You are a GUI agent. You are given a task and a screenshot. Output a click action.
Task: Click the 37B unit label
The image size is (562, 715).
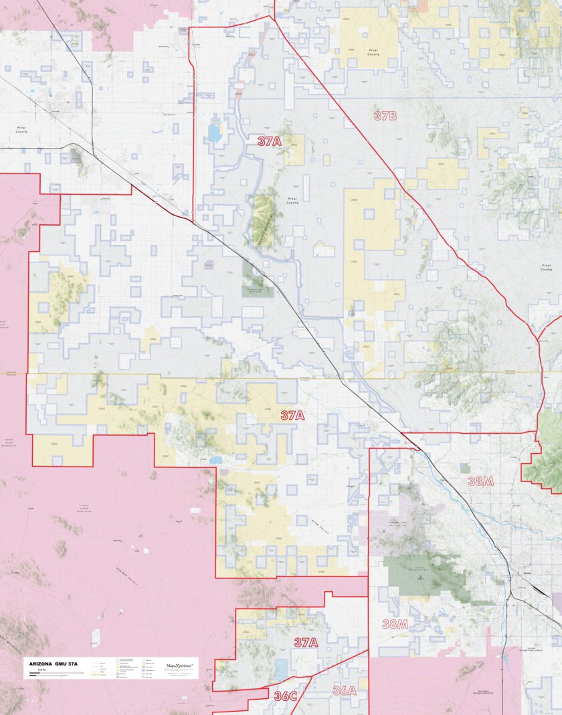click(385, 116)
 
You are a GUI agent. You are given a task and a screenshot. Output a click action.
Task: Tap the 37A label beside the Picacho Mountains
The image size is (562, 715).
click(270, 141)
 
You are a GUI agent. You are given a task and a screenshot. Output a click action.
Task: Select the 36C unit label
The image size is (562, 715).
click(285, 696)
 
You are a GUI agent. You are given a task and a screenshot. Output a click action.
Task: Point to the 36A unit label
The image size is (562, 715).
click(344, 691)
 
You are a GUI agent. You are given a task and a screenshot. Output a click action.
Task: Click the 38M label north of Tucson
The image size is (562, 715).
click(480, 481)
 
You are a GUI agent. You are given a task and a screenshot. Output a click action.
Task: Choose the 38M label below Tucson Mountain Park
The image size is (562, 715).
click(395, 624)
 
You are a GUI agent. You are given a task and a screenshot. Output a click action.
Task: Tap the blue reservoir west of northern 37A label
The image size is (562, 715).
click(214, 133)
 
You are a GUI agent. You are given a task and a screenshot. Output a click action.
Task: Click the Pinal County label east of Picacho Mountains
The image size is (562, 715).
click(292, 200)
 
